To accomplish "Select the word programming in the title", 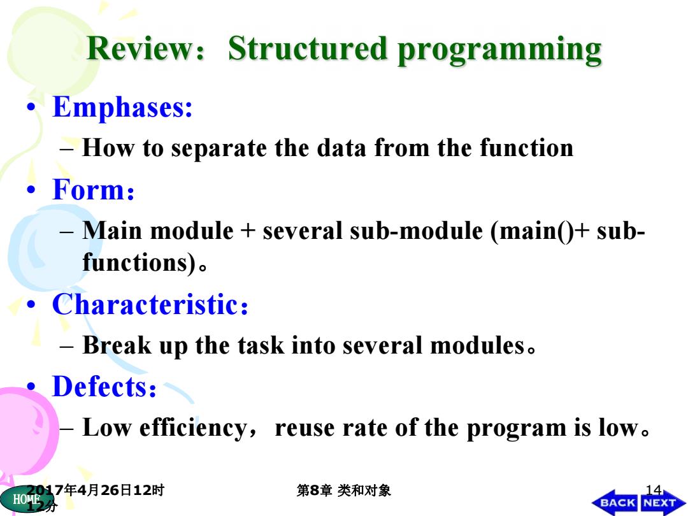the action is point(499,51).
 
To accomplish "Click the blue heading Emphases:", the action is point(122,108).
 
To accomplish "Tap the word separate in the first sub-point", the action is point(219,149).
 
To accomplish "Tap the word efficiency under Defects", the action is point(194,428).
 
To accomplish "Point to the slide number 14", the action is point(654,490).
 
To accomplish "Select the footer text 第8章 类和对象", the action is point(343,490).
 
